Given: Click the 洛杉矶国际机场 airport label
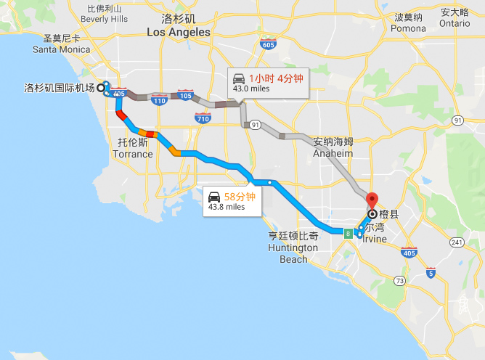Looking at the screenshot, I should pos(60,89).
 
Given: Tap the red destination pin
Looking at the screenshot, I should pos(372,200).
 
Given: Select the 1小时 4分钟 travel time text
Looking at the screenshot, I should pos(276,78).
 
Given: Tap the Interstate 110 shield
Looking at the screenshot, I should pos(158,101).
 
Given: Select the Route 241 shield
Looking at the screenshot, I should pos(456,243).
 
